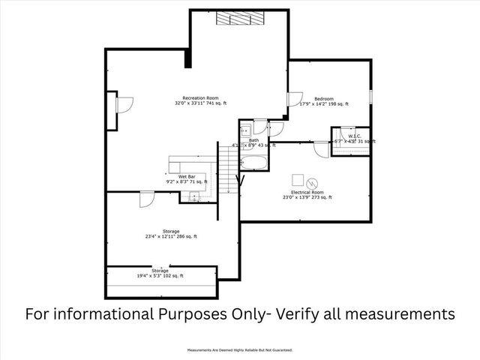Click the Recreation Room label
(x=200, y=99)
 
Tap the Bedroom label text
(x=324, y=99)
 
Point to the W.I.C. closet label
(x=355, y=136)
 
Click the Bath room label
(x=254, y=140)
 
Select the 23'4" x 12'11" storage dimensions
(x=171, y=236)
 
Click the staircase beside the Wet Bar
(x=226, y=169)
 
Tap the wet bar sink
(x=194, y=197)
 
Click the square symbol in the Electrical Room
(x=298, y=179)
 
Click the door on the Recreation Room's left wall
(x=124, y=104)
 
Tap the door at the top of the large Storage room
(x=146, y=198)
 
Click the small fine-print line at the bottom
(x=240, y=349)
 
